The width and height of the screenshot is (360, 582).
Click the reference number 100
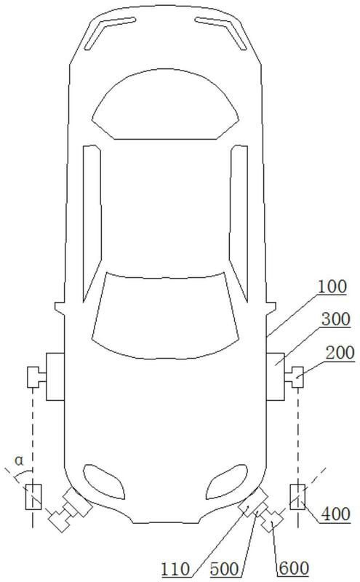[x=332, y=287]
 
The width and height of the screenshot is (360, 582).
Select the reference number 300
[x=335, y=319]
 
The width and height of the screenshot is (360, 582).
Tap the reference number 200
[x=340, y=353]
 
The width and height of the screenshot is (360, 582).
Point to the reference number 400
[x=335, y=514]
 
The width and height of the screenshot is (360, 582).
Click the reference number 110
[x=175, y=569]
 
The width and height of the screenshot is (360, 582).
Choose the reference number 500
[x=224, y=569]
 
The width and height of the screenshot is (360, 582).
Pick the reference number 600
[x=294, y=569]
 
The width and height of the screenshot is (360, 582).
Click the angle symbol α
[x=19, y=461]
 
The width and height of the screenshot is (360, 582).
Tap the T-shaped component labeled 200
[x=296, y=377]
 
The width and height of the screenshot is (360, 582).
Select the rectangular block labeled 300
[x=276, y=376]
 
